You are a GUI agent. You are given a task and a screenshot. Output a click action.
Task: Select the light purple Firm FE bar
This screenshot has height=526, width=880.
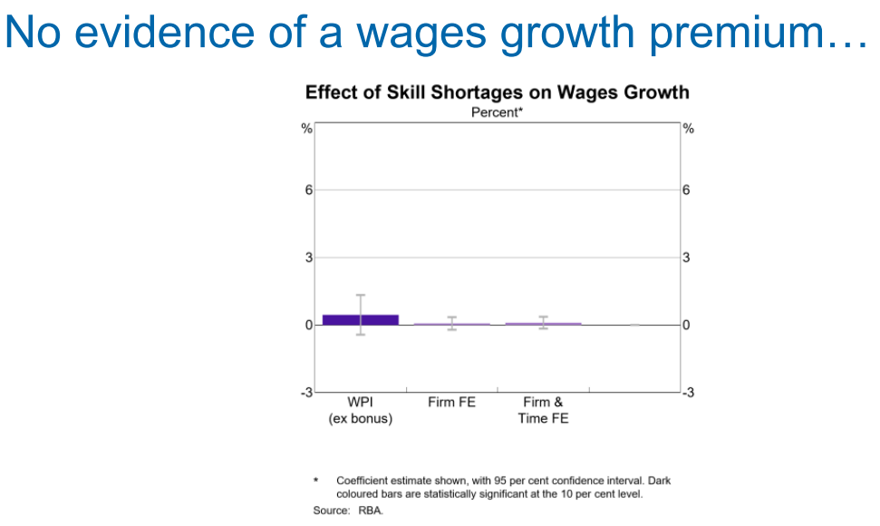[x=451, y=324]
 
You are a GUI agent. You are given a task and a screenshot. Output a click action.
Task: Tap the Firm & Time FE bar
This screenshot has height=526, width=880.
[x=543, y=323]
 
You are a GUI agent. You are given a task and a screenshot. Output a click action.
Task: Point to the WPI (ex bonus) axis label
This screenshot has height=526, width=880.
[x=360, y=410]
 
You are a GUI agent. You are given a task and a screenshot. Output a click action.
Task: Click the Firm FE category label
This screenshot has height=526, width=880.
[x=451, y=402]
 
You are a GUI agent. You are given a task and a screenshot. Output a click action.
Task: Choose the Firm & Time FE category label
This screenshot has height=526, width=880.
[x=543, y=410]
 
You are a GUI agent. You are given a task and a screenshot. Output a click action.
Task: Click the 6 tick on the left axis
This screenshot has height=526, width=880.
[x=308, y=190]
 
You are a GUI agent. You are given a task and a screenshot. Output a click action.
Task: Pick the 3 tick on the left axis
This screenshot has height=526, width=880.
[x=308, y=258]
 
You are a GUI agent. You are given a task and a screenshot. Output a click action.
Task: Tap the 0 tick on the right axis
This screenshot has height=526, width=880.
[x=687, y=325]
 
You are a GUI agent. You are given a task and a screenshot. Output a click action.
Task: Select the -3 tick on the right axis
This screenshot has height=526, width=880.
[x=689, y=392]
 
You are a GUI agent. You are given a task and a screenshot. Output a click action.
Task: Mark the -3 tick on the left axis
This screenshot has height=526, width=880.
[x=306, y=392]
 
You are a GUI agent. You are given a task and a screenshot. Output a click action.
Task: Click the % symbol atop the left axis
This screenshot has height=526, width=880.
[x=307, y=129]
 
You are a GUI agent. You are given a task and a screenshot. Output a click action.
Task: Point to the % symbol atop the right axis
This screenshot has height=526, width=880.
[x=688, y=129]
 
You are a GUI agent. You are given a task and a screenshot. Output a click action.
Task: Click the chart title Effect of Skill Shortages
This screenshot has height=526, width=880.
[x=497, y=93]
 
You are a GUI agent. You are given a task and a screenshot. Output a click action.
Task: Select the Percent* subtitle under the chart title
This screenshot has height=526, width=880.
[x=497, y=112]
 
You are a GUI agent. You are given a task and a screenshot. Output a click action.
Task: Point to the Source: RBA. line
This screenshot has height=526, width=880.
[x=349, y=511]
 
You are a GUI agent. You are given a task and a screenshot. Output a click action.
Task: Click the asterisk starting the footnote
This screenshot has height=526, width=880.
[x=315, y=481]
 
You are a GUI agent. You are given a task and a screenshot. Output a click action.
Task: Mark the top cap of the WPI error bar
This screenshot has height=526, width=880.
[x=360, y=295]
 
